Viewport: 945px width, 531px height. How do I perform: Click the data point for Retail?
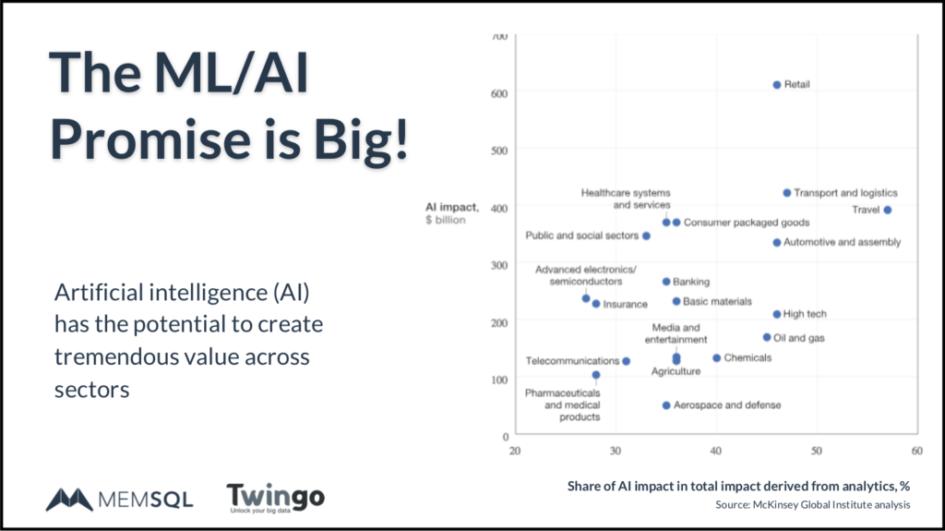[777, 85]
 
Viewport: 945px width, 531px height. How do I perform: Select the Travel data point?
[888, 210]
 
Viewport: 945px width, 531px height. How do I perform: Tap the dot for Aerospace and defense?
[666, 405]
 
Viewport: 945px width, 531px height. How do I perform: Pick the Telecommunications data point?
[626, 361]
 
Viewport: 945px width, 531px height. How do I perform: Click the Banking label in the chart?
[691, 282]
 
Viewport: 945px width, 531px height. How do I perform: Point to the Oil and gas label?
[798, 338]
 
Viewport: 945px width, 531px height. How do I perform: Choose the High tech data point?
[777, 315]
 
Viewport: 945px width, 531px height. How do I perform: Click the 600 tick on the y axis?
[499, 91]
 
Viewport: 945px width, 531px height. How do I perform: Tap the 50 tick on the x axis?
[817, 452]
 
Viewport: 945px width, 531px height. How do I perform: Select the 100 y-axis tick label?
[499, 379]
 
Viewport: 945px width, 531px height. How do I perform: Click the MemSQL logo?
[119, 499]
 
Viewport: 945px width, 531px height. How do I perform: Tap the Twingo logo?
[275, 498]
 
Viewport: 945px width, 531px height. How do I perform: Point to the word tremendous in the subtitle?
[108, 356]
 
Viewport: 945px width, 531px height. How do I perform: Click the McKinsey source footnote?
[812, 505]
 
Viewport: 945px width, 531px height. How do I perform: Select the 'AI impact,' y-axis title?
[447, 207]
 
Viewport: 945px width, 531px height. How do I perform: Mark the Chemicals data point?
[717, 358]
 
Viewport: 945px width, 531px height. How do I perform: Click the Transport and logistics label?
[845, 193]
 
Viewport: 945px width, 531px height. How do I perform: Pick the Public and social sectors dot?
[646, 235]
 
